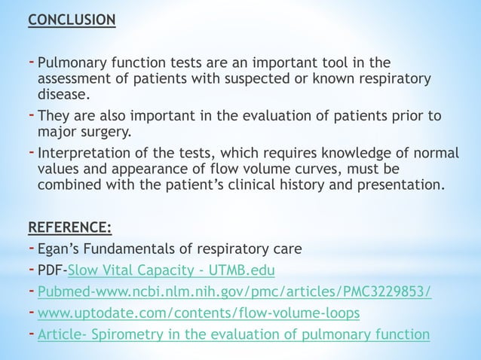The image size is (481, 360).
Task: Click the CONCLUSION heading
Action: [72, 17]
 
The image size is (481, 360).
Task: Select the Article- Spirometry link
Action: [233, 335]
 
